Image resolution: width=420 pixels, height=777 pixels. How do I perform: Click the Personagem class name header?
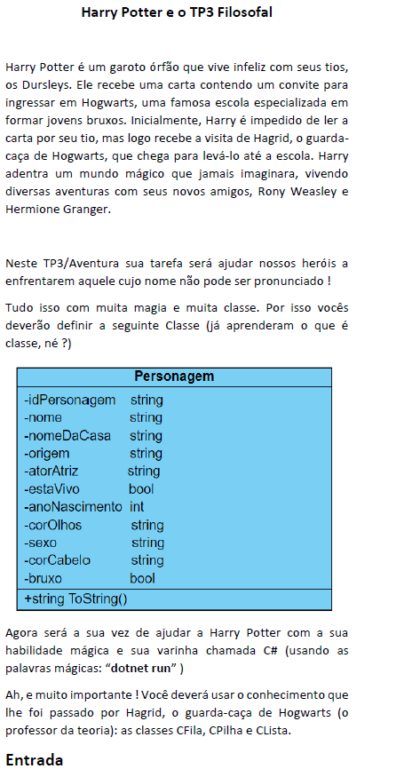(174, 377)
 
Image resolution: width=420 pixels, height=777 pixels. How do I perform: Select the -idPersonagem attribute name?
(69, 400)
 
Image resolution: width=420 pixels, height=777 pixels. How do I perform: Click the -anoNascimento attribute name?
(72, 507)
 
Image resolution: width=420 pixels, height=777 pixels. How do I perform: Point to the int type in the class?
(137, 507)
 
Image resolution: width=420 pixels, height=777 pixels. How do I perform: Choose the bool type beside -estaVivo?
(141, 489)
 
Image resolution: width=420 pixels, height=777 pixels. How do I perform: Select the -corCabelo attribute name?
(58, 560)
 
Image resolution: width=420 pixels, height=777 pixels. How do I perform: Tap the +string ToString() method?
(75, 599)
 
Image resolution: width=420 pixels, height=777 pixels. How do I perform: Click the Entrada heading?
(34, 760)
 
